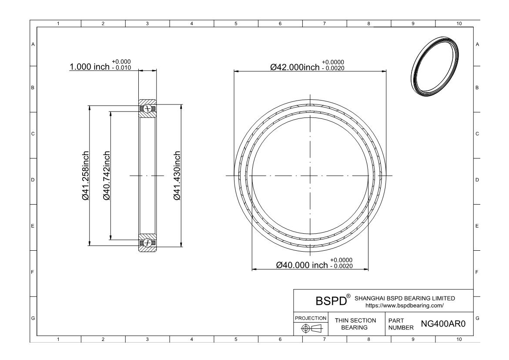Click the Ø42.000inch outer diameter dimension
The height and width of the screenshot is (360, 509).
click(295, 67)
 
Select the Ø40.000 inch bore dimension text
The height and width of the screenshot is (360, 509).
click(302, 265)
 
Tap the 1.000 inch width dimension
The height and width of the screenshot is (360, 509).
click(90, 67)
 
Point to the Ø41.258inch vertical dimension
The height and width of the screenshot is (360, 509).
click(85, 175)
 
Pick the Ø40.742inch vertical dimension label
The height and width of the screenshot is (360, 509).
click(106, 175)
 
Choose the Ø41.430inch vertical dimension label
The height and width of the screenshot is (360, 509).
click(177, 175)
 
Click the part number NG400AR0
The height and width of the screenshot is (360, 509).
click(443, 324)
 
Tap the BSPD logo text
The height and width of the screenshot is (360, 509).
click(331, 301)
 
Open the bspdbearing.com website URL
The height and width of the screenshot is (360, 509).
click(405, 306)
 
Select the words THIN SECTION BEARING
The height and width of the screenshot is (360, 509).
click(355, 324)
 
